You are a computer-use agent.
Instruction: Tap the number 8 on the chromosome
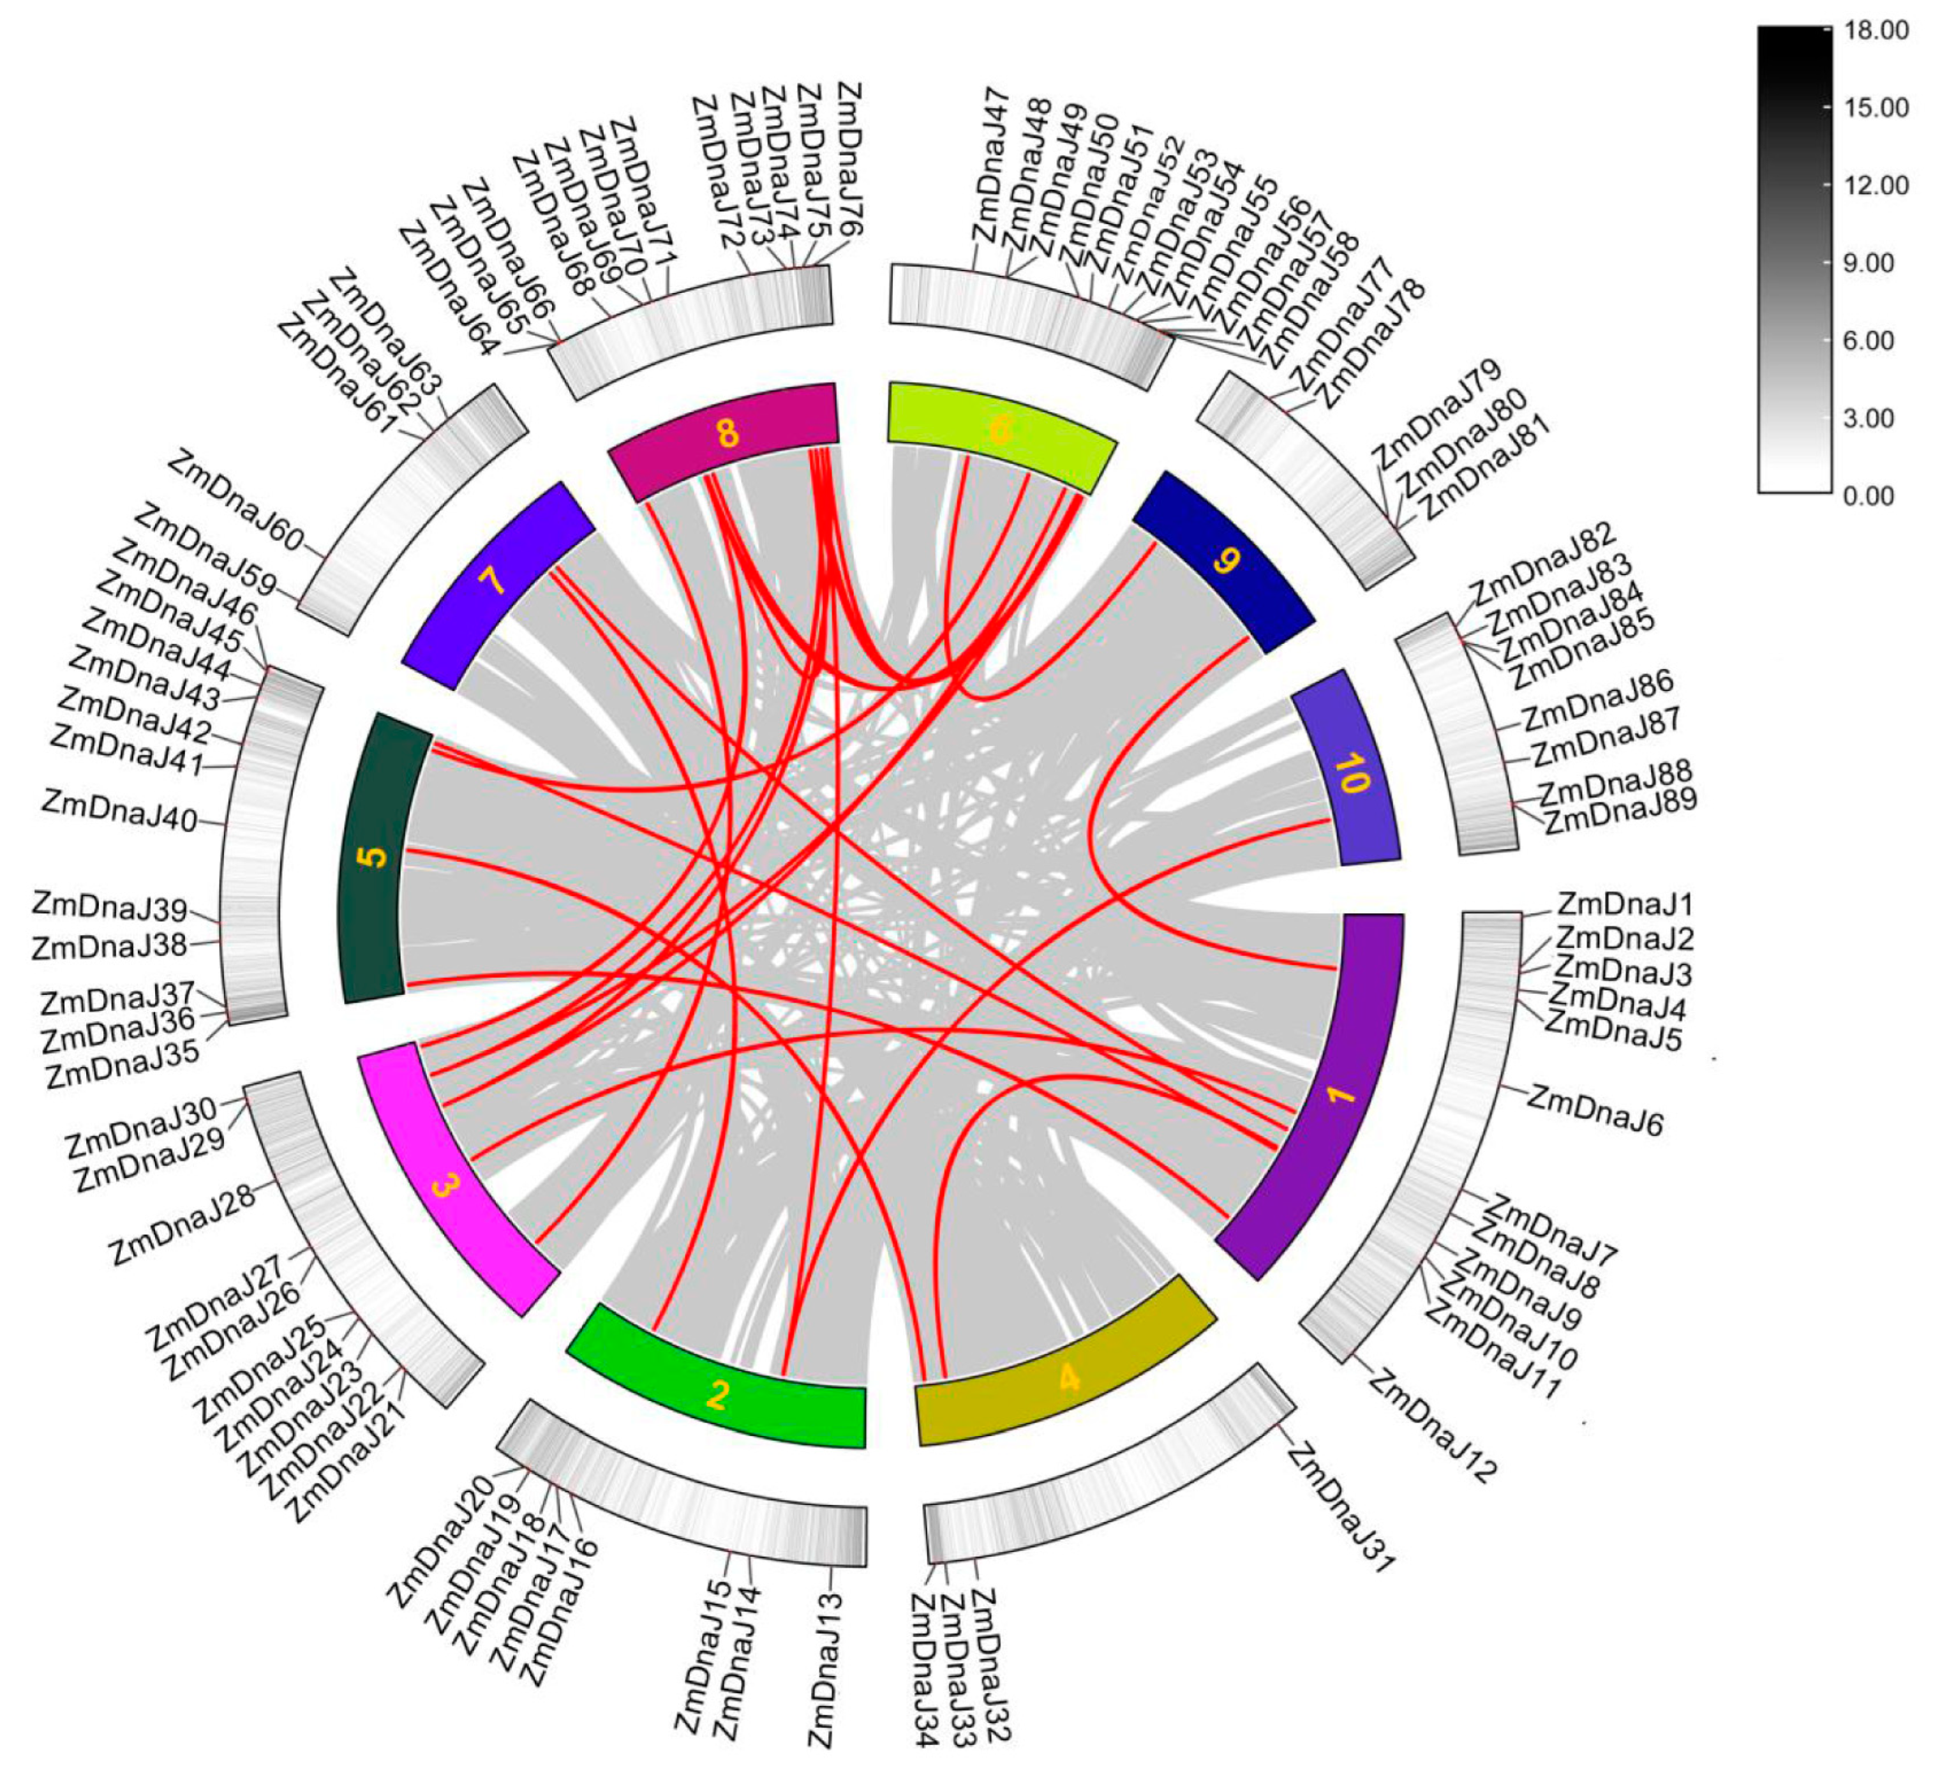(727, 433)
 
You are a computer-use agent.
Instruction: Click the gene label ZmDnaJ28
(183, 1223)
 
